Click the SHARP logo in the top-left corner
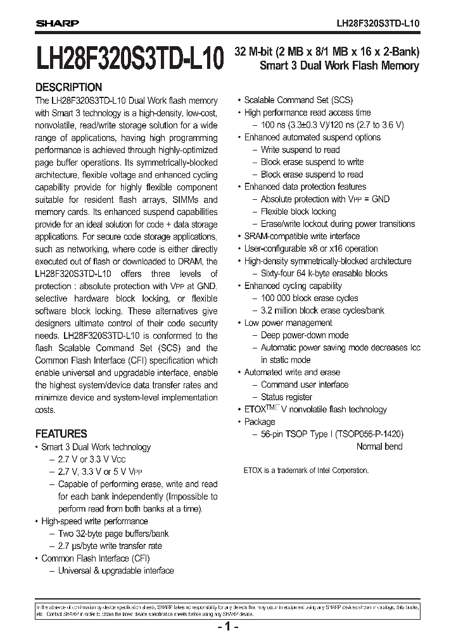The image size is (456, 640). [x=56, y=23]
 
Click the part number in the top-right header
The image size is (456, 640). [x=377, y=23]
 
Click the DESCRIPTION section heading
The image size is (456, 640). [x=68, y=87]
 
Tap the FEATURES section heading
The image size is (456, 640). [x=61, y=434]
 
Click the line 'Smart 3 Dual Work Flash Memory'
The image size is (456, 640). [x=339, y=66]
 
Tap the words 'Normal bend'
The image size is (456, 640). [x=379, y=446]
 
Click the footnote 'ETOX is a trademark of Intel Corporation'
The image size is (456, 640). [x=305, y=471]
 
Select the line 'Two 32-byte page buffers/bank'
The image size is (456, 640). [x=113, y=534]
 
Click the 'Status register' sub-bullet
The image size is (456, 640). [x=286, y=397]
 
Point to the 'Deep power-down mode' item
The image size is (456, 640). [x=304, y=335]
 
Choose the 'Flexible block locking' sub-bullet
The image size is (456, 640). [x=298, y=211]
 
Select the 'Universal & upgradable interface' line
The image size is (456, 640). [x=116, y=570]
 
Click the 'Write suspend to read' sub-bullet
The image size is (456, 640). [x=300, y=150]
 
